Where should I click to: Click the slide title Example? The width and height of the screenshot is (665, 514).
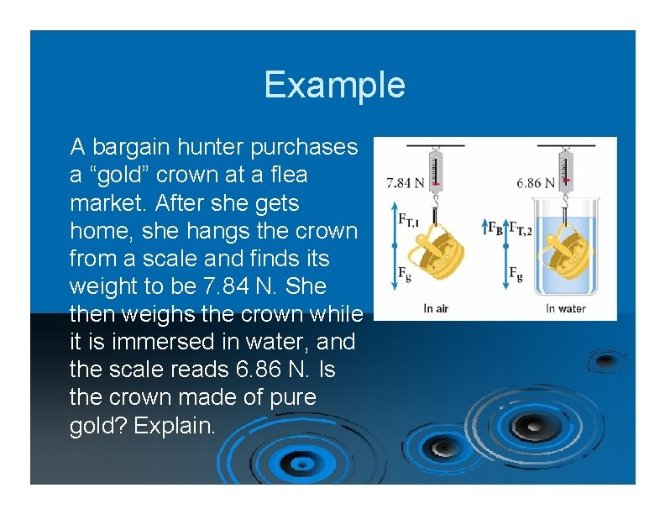click(333, 85)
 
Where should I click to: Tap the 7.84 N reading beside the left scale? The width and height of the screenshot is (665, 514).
click(406, 181)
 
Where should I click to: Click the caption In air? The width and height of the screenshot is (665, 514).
click(435, 308)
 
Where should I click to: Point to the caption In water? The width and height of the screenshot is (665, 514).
click(565, 308)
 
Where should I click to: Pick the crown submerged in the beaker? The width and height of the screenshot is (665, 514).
click(567, 251)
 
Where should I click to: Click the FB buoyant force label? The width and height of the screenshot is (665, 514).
click(496, 228)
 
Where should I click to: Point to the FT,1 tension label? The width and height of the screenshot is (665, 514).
click(409, 220)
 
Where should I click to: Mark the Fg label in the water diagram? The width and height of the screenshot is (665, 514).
click(515, 274)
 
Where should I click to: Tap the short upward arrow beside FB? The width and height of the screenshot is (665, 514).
click(485, 228)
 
